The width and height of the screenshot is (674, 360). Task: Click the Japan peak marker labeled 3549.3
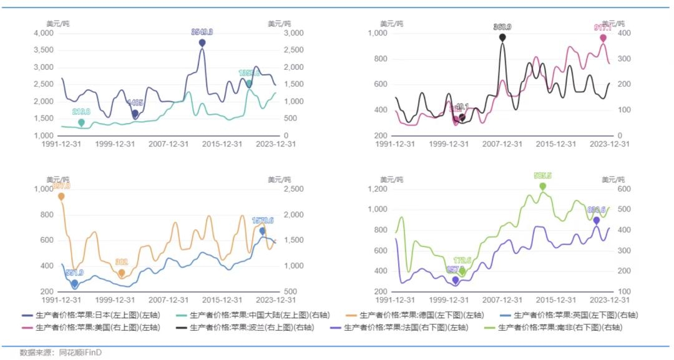coord(202,42)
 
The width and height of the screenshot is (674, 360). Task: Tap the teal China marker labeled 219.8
coord(81,123)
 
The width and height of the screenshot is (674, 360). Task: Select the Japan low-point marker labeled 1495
coord(135,114)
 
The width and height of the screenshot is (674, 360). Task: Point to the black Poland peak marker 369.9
coord(502,37)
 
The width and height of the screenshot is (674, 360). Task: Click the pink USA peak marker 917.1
coord(603,38)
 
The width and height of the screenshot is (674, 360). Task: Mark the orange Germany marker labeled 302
coord(122,273)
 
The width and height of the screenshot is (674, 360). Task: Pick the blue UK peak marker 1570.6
coord(263,231)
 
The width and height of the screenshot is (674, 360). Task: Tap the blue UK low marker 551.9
coord(75,283)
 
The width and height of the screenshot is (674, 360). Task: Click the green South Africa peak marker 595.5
coord(543,186)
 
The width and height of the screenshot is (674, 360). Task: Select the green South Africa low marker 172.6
coord(462,271)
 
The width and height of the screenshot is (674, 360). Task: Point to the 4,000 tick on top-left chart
coord(43,33)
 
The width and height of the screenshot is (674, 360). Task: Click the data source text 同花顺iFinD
coord(80,353)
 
